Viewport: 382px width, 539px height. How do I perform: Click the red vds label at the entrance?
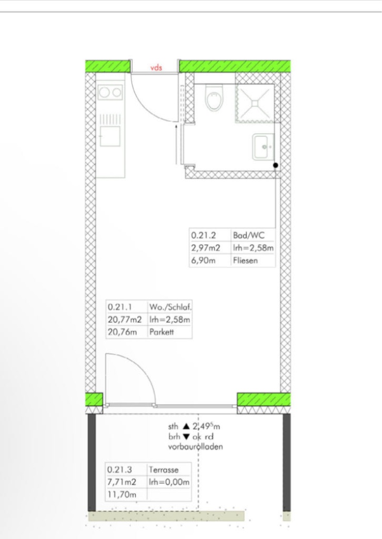156,68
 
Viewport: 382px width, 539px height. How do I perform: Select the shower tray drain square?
255,103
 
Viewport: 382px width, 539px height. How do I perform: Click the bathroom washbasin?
264,147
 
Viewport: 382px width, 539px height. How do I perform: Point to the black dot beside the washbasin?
276,165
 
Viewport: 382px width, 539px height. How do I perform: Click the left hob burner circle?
104,92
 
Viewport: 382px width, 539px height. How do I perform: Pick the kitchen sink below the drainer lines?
110,136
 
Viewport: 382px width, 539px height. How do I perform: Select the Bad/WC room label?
249,235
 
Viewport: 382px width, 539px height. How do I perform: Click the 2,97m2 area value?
205,248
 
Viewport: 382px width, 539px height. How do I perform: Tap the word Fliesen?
246,260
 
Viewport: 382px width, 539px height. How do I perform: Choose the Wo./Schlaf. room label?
170,307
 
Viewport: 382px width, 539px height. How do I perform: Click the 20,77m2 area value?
124,320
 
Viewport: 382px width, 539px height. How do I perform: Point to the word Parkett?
162,332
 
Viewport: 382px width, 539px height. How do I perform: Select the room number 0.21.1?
120,307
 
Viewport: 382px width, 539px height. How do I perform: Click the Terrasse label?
164,470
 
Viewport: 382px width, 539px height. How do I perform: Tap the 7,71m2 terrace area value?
122,482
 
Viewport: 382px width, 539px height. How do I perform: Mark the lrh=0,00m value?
169,482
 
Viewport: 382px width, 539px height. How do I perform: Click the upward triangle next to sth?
186,426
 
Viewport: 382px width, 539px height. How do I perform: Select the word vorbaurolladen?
195,447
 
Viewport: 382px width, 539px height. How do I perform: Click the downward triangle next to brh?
186,437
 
